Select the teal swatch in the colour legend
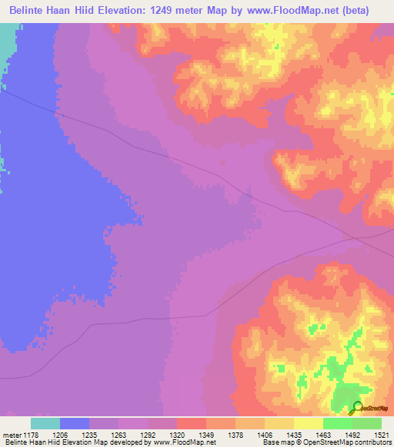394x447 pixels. pos(45,423)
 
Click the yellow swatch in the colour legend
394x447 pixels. pos(308,423)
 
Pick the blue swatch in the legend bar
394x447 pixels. pos(75,423)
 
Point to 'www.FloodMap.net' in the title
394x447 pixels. pos(289,11)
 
